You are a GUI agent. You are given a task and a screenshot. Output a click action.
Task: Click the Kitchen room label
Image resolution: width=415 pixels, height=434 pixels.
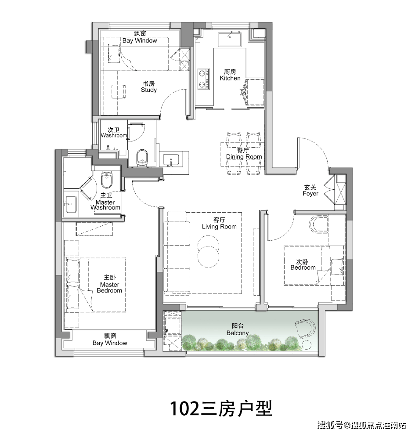click(230, 75)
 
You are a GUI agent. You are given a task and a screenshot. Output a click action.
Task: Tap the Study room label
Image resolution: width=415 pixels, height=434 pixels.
click(148, 87)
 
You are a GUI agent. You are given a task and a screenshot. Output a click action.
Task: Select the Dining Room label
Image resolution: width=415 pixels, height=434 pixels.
click(244, 154)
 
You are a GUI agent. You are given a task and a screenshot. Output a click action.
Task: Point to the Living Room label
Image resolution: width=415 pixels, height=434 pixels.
click(219, 224)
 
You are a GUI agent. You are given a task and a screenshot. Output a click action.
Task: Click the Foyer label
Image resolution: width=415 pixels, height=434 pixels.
click(310, 190)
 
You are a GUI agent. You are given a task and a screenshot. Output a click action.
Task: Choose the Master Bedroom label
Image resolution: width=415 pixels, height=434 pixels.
click(109, 284)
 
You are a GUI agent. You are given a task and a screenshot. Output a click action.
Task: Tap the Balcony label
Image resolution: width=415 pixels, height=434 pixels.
click(238, 329)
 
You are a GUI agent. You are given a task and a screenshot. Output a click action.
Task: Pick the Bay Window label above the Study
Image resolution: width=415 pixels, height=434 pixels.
click(139, 37)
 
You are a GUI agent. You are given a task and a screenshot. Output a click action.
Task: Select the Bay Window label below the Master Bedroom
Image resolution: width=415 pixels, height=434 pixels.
click(110, 340)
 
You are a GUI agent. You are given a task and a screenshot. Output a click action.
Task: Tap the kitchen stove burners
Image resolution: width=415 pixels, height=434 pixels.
click(203, 78)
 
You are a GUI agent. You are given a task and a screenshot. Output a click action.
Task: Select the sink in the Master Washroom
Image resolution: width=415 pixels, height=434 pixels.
click(71, 204)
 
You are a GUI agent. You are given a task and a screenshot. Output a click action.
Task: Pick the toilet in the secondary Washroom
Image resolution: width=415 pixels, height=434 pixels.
click(142, 158)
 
